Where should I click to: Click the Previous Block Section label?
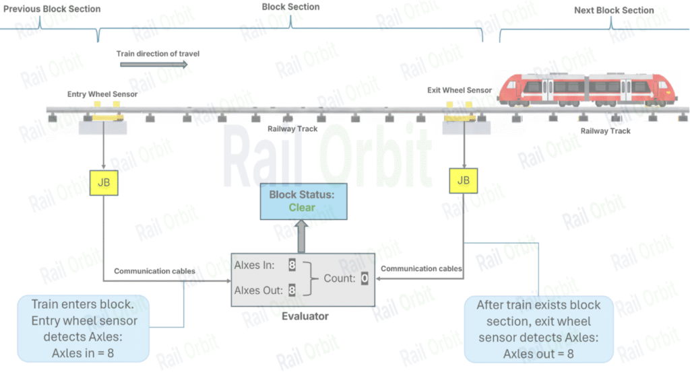[x=52, y=9]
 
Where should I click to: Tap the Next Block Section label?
[x=614, y=10]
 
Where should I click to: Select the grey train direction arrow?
[x=154, y=65]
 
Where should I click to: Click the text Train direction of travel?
[x=158, y=53]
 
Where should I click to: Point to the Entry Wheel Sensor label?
[x=102, y=94]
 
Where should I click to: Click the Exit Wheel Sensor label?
[x=460, y=90]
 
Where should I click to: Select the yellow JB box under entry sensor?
[x=104, y=183]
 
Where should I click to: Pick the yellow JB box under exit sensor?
[x=464, y=180]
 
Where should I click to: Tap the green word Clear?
[x=302, y=207]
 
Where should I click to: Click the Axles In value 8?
[x=292, y=265]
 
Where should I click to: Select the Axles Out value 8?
[x=292, y=291]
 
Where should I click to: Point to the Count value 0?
[x=364, y=278]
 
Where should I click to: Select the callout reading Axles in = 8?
[x=82, y=329]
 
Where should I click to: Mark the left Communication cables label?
[x=154, y=271]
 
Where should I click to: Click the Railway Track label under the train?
[x=605, y=131]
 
